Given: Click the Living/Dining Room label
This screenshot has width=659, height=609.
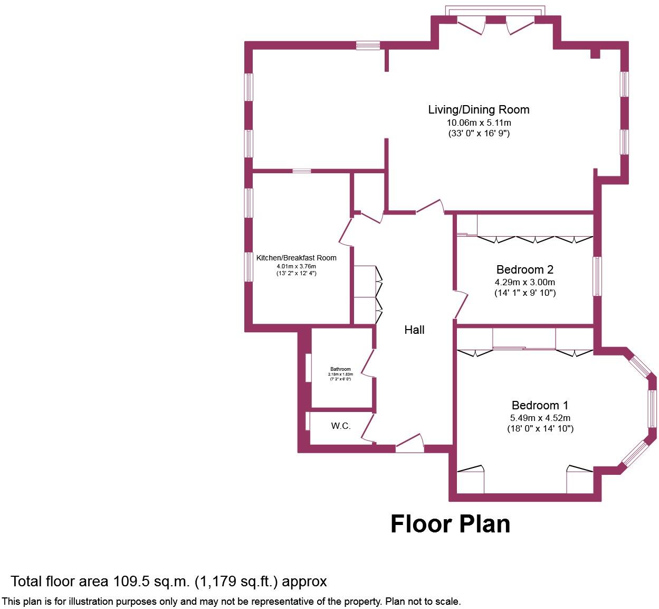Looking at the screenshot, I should (478, 110).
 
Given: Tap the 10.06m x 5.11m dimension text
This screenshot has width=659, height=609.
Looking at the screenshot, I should (478, 123).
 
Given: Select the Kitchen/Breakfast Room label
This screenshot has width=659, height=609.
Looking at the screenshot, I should (296, 258).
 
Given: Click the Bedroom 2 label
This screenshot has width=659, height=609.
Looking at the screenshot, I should (524, 269).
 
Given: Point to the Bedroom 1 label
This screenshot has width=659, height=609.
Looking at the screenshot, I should (540, 405).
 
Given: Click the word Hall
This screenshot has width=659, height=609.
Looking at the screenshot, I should (414, 330).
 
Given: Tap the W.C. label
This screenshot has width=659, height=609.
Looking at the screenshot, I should (341, 426).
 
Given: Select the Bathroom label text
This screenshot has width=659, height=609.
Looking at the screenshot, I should (340, 369).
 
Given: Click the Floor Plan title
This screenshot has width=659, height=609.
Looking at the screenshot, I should (450, 523).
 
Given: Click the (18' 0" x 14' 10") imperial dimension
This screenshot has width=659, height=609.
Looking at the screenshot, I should (540, 429).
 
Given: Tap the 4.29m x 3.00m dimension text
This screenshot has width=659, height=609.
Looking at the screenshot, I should (524, 282).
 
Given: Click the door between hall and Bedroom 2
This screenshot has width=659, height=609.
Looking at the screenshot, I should (461, 305).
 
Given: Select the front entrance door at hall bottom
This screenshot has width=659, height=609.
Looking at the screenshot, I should (410, 443).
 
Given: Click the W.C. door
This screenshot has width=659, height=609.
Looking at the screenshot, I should (368, 428).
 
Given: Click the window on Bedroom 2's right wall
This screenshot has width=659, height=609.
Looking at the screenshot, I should (597, 276).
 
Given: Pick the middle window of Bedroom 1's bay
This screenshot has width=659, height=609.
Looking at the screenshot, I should (653, 408).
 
